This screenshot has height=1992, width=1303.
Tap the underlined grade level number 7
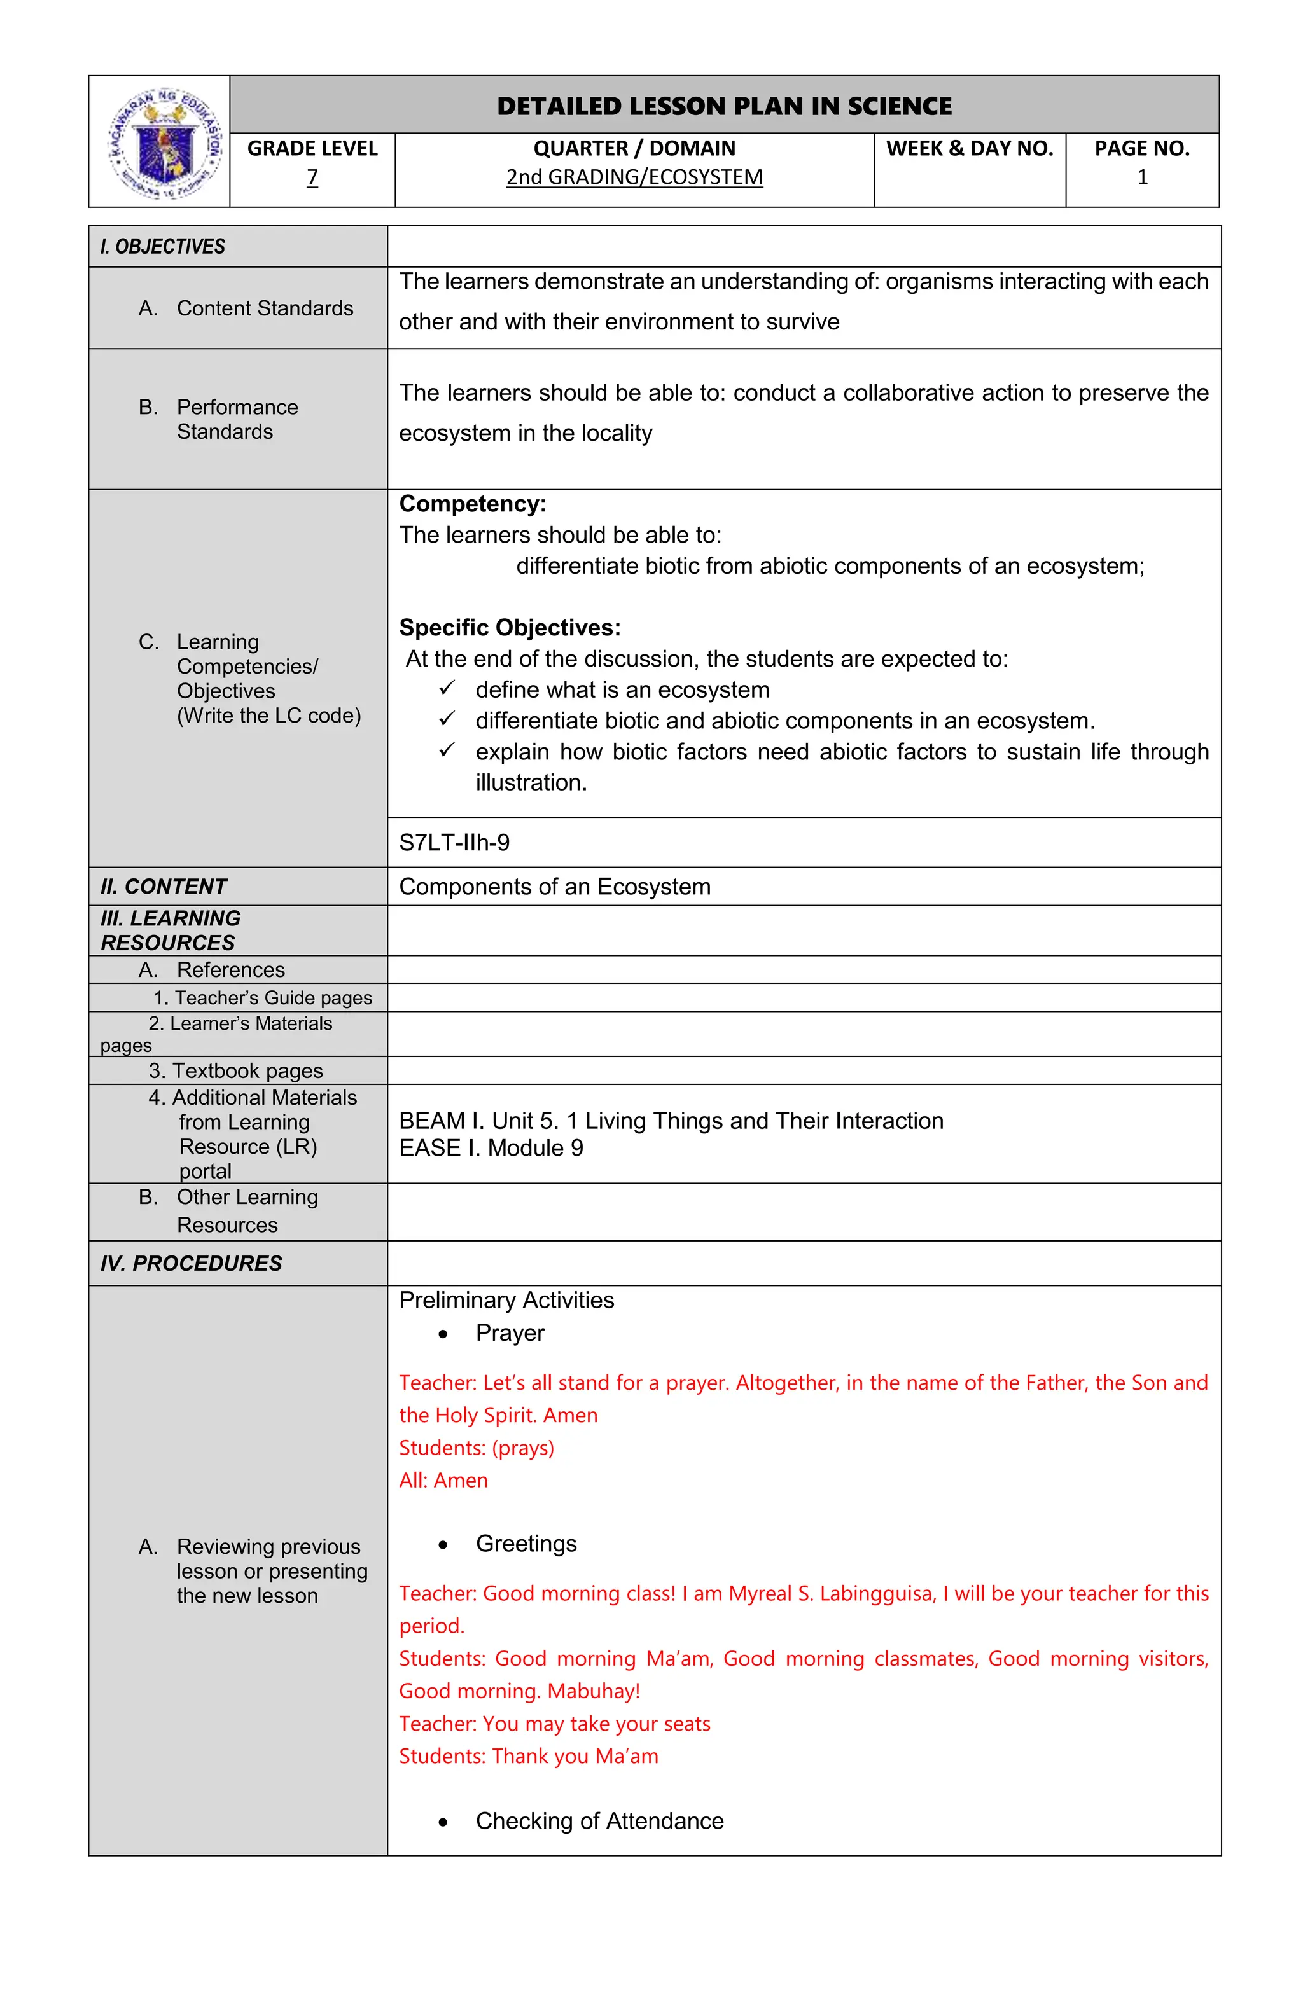click(x=312, y=177)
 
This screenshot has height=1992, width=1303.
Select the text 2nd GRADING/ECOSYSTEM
click(x=634, y=177)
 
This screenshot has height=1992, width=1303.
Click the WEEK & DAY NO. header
click(x=969, y=149)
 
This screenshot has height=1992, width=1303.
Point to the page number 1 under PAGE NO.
click(x=1141, y=177)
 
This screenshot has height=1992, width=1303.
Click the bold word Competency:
click(x=472, y=504)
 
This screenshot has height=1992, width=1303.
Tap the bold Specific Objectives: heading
click(x=509, y=628)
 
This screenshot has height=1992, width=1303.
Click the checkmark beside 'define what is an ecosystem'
click(x=447, y=688)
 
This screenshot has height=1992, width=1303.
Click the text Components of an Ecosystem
click(x=554, y=887)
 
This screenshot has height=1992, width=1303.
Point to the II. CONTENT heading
click(x=164, y=887)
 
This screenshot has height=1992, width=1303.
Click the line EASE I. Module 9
click(x=491, y=1149)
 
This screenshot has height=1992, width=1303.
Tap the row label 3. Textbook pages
click(x=235, y=1071)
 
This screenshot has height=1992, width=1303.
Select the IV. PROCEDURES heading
click(x=191, y=1264)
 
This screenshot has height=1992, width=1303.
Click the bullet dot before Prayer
click(x=443, y=1335)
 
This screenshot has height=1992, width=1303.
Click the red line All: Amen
click(x=443, y=1481)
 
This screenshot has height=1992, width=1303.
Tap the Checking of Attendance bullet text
click(x=599, y=1822)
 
